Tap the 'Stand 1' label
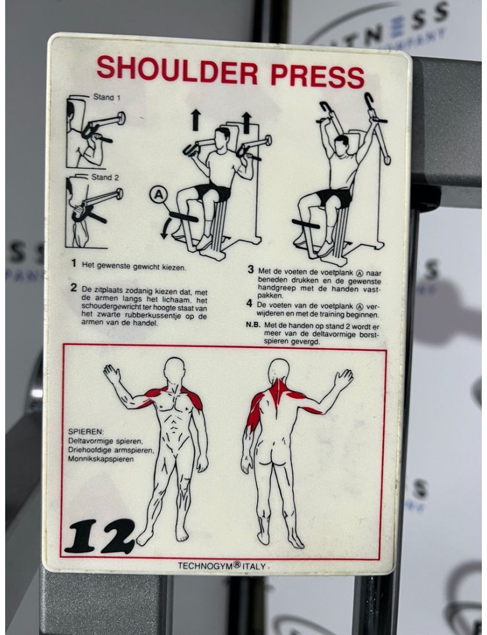pyautogui.click(x=107, y=97)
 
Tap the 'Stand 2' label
pyautogui.click(x=106, y=177)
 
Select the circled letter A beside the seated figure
pyautogui.click(x=159, y=196)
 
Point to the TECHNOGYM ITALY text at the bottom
pyautogui.click(x=222, y=566)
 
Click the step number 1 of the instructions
pyautogui.click(x=74, y=264)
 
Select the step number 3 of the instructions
pyautogui.click(x=250, y=269)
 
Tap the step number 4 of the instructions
pyautogui.click(x=250, y=303)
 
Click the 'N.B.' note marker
pyautogui.click(x=252, y=325)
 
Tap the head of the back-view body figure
pyautogui.click(x=279, y=370)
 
